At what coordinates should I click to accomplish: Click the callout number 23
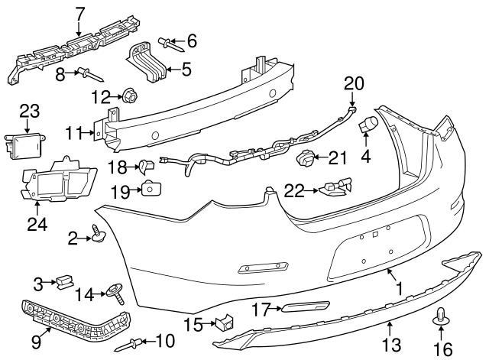[28, 111]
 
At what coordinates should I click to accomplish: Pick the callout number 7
[80, 13]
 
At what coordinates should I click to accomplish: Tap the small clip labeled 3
[64, 283]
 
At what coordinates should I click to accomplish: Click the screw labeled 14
[115, 292]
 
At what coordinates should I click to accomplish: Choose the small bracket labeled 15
[224, 323]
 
